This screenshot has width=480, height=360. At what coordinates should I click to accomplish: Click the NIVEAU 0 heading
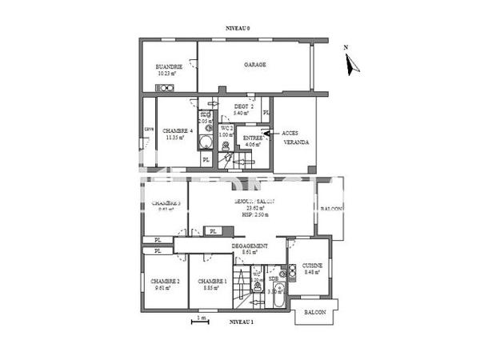tap(238, 29)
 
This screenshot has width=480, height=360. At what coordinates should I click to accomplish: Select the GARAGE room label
tap(255, 65)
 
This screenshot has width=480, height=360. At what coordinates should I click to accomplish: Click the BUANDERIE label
tap(169, 66)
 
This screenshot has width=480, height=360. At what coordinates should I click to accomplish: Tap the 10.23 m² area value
tap(169, 73)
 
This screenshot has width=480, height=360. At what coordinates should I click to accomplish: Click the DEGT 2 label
tap(244, 107)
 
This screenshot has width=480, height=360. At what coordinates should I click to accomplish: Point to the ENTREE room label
tap(253, 138)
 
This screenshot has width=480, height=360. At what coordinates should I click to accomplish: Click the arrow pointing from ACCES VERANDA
tap(268, 133)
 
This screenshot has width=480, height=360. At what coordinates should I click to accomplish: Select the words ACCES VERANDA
tap(297, 138)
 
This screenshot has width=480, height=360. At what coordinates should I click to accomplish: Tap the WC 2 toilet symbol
tap(226, 146)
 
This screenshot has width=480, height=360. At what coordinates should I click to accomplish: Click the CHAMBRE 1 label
tap(213, 282)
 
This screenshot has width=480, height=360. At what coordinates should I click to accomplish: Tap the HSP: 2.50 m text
tap(257, 214)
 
